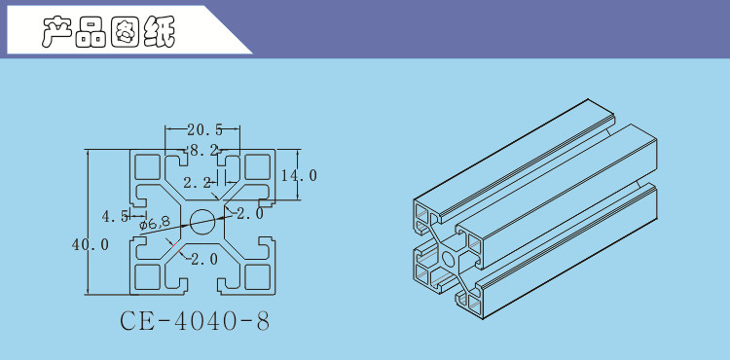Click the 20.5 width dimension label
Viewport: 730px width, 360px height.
(204, 129)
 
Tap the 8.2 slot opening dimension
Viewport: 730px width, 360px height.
(204, 150)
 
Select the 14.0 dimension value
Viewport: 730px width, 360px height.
(300, 175)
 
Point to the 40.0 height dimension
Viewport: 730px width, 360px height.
(91, 244)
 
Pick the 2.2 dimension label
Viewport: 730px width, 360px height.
(198, 183)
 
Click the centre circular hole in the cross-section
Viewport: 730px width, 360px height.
(202, 222)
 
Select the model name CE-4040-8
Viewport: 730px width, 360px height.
(195, 321)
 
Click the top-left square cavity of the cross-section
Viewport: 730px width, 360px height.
(147, 166)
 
